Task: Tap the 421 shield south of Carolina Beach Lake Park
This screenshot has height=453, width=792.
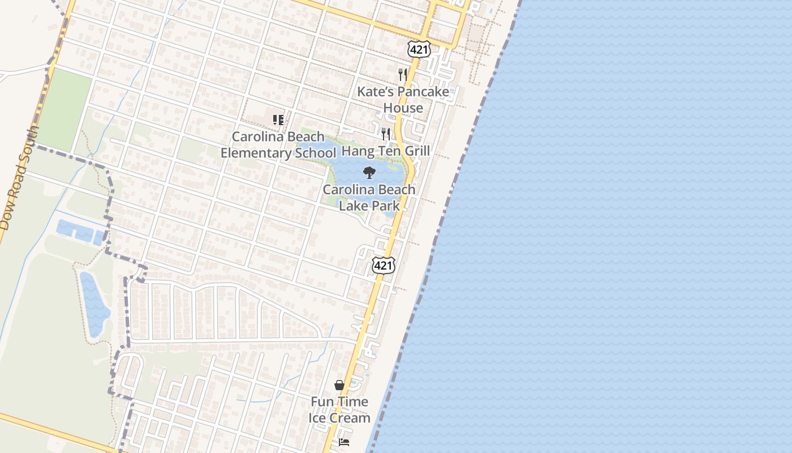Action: [x=383, y=264]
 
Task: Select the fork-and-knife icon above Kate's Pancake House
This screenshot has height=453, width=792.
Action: [x=403, y=74]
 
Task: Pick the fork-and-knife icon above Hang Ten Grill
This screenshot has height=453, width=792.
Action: [x=386, y=134]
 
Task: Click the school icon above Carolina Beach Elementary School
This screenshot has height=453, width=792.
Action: [x=278, y=120]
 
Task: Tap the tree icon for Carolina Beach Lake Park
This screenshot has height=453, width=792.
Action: [x=369, y=173]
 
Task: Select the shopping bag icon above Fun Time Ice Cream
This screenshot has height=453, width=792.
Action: [x=339, y=385]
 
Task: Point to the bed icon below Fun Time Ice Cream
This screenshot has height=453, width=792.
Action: [x=344, y=442]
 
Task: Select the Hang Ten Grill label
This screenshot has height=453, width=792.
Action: [x=386, y=151]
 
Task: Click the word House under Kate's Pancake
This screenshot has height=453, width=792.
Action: [x=403, y=108]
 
